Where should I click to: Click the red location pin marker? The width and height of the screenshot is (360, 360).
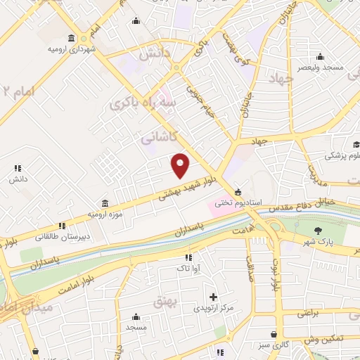pyautogui.click(x=181, y=166)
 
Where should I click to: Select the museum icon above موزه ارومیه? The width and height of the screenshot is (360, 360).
pyautogui.click(x=105, y=202)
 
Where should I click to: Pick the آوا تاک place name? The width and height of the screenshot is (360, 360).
pyautogui.click(x=188, y=268)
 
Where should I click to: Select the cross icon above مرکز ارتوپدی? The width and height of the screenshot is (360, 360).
pyautogui.click(x=213, y=297)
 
